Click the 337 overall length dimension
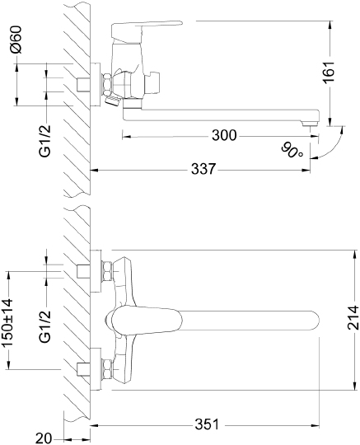[203, 168]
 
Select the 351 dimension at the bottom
[206, 424]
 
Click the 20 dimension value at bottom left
[45, 438]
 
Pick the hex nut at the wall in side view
[106, 85]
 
